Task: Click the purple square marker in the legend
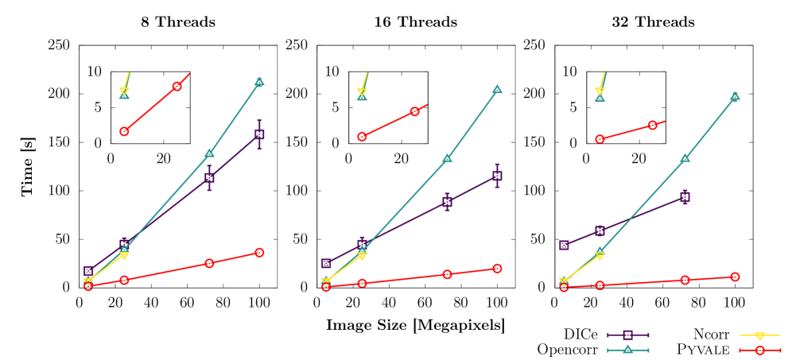(x=627, y=335)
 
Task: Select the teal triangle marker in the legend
(x=627, y=350)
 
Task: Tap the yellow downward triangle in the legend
(x=759, y=335)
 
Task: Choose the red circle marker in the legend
(x=759, y=350)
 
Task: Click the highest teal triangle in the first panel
(x=259, y=82)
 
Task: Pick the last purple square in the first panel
(x=259, y=134)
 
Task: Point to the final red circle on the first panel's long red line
(x=259, y=252)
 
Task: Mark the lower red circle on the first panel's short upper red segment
(x=124, y=131)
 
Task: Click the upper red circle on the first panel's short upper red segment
(x=177, y=86)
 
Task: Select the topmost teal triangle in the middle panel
(x=497, y=90)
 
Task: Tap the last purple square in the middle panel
(x=497, y=176)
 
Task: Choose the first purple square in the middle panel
(x=326, y=263)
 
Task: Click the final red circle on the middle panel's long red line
(x=497, y=269)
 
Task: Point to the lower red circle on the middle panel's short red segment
(x=362, y=137)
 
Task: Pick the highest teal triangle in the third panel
(x=735, y=96)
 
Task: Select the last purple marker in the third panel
(x=685, y=196)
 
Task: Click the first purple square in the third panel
(x=564, y=245)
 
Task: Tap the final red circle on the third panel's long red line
(x=735, y=277)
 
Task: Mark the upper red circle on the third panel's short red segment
(x=652, y=125)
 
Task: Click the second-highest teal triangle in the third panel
(x=685, y=158)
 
